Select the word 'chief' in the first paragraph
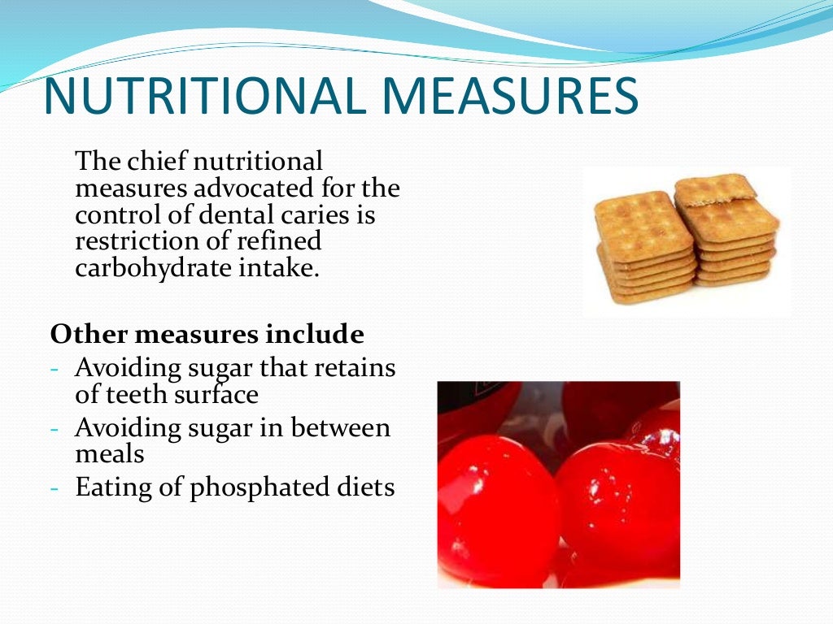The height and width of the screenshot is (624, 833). click(158, 161)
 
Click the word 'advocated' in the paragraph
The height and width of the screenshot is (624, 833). click(241, 188)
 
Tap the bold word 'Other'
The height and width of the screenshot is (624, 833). click(85, 334)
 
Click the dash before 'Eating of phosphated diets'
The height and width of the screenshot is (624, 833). click(55, 488)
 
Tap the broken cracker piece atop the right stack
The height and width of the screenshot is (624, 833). click(714, 188)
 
